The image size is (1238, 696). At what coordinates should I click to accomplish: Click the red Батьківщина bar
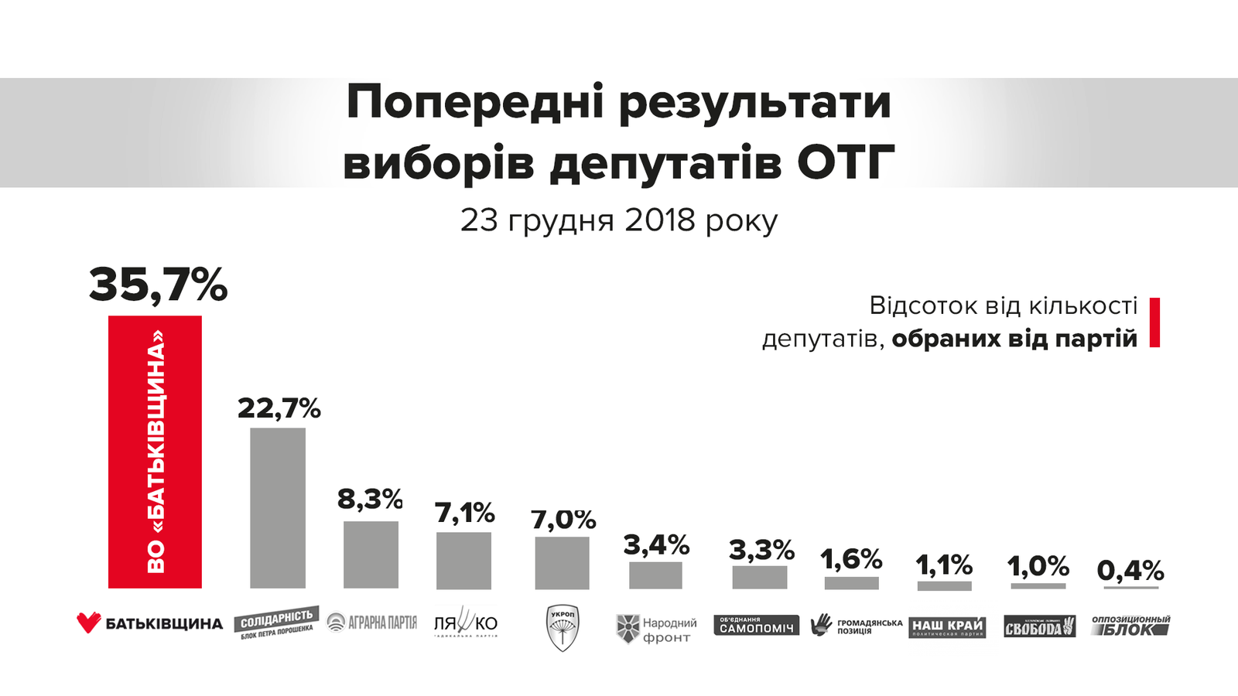(x=155, y=452)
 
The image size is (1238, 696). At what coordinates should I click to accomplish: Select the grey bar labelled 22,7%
(x=278, y=508)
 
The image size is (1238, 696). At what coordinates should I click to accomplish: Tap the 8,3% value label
(x=370, y=500)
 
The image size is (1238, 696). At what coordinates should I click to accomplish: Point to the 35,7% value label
(x=158, y=285)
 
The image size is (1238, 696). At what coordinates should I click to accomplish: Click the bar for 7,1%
(x=463, y=561)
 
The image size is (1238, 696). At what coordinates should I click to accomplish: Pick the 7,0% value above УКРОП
(x=563, y=520)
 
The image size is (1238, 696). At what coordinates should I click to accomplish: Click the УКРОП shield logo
(x=563, y=627)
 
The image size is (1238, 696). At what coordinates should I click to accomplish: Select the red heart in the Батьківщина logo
(x=89, y=623)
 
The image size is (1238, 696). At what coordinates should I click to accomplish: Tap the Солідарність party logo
(x=276, y=623)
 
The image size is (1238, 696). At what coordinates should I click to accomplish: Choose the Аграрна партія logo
(x=372, y=623)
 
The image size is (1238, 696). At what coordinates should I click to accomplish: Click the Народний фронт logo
(x=656, y=629)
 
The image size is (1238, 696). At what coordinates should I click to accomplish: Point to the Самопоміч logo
(x=757, y=626)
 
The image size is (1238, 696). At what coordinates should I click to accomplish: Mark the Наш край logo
(x=947, y=626)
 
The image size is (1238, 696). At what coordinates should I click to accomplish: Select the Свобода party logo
(x=1039, y=626)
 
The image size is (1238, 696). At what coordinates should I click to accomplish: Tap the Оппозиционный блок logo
(x=1130, y=626)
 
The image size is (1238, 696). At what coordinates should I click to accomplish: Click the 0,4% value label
(x=1130, y=571)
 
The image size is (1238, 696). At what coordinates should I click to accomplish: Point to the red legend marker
(x=1154, y=322)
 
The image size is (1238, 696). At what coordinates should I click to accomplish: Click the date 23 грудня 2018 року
(x=619, y=220)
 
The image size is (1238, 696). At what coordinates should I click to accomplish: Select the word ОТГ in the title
(x=846, y=162)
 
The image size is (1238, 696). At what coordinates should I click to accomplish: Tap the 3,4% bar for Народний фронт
(x=655, y=575)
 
